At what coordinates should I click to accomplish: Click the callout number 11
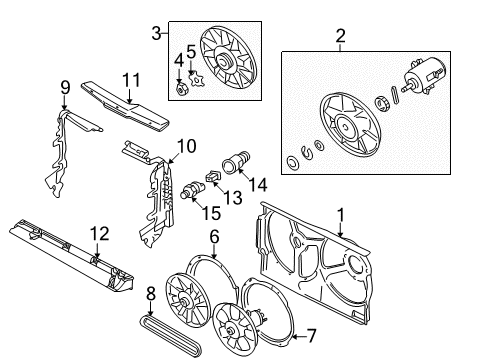point(131,80)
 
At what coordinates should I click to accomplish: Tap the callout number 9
point(66,88)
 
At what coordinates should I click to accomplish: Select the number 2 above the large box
point(340,36)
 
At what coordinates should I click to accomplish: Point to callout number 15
point(211,213)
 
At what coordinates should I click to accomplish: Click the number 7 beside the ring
point(311,336)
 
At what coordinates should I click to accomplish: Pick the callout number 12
point(100,234)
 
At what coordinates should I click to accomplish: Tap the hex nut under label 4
point(181,89)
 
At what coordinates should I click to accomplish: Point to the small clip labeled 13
point(212,176)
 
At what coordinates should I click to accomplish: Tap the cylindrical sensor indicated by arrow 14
point(236,161)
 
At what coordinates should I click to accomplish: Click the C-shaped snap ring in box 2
point(306,151)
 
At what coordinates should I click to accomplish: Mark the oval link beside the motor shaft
point(394,95)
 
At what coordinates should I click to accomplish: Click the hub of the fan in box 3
point(222,61)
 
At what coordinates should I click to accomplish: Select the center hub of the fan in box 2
point(345,127)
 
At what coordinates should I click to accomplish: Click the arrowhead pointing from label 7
point(294,336)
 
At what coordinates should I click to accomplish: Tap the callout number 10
point(186,146)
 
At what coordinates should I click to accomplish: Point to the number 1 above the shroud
point(340,215)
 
